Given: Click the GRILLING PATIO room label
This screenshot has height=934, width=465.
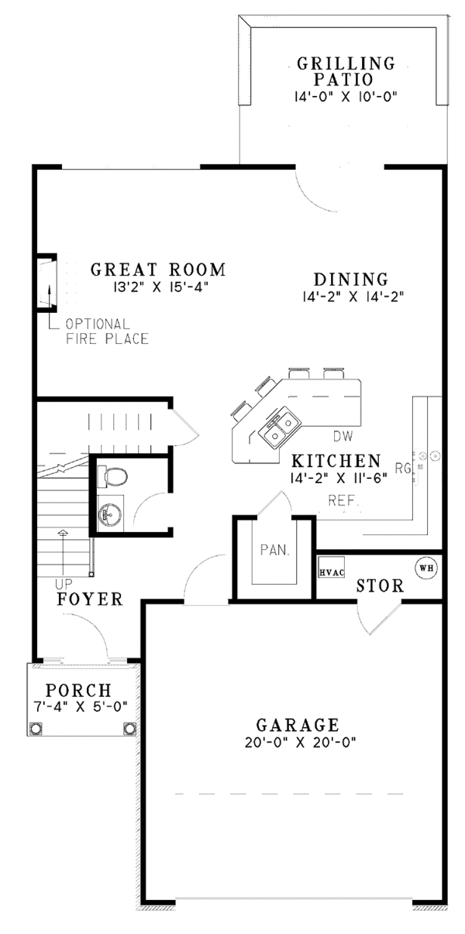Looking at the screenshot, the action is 346,71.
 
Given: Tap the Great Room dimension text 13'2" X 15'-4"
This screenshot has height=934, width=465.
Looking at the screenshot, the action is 158,287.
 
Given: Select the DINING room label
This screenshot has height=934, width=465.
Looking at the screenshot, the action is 351,279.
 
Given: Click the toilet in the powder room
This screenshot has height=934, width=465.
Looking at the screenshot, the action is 112,476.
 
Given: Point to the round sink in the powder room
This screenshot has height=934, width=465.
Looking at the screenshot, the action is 110,513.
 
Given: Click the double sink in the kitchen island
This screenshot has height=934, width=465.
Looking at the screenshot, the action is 280,429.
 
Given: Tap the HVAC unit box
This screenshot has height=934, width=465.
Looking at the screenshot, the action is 332,567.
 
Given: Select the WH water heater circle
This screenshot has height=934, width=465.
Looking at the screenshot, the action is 425,568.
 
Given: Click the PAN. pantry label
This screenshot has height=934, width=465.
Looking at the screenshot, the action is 274,551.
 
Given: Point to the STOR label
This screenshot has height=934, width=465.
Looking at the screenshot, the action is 380,585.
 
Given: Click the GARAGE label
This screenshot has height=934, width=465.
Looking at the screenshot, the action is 298,725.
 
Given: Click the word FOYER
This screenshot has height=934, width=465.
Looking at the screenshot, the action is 90,599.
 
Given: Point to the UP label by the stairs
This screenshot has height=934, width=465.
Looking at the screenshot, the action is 64,583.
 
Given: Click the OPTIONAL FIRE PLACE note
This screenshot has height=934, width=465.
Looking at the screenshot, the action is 107,331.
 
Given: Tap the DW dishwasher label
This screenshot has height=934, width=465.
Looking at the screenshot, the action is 343,437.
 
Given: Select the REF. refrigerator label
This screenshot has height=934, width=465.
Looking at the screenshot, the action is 343,500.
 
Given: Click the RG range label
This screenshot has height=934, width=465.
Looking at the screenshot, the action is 403,469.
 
